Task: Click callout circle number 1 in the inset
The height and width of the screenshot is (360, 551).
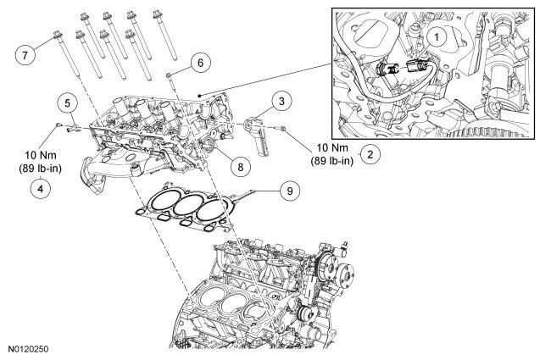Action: tap(436, 37)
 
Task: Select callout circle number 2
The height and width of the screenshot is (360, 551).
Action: tap(370, 154)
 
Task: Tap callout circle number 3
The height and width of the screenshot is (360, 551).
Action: tap(281, 101)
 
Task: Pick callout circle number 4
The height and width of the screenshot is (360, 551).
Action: tap(41, 189)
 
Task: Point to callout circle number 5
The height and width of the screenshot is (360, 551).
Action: tap(68, 103)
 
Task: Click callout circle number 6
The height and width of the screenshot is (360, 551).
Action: tap(200, 63)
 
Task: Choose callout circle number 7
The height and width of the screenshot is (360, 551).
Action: tap(25, 55)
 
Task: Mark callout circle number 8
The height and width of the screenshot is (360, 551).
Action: tap(241, 167)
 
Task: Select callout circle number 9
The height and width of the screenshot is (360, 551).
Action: tap(290, 191)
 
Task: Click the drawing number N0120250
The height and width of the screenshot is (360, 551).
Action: tap(29, 349)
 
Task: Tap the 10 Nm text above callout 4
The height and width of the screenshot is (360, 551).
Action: tap(41, 155)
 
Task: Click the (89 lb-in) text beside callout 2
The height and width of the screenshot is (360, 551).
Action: tap(331, 160)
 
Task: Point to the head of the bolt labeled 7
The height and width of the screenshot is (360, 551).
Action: tap(58, 35)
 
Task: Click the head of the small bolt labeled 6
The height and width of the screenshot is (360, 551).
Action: tap(169, 75)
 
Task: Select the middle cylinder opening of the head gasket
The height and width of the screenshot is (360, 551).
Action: tap(188, 205)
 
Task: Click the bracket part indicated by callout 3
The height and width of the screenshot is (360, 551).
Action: tap(256, 136)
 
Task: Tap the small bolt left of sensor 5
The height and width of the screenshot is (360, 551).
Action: tap(58, 125)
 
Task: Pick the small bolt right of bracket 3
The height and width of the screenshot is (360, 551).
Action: tap(282, 130)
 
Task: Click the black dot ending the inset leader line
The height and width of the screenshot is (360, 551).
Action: tap(199, 95)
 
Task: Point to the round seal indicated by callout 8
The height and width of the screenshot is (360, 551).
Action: tap(208, 146)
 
